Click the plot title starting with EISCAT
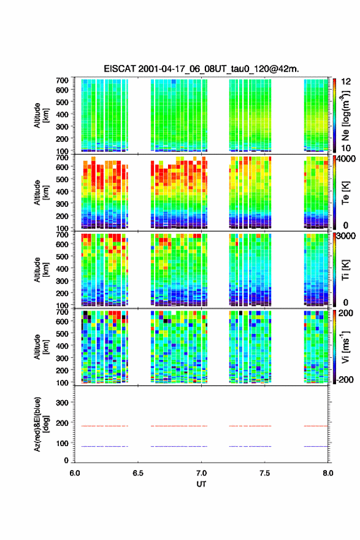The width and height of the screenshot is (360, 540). (201, 69)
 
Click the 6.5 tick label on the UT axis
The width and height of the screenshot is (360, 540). (137, 473)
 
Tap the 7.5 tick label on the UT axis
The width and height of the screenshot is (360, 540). (265, 473)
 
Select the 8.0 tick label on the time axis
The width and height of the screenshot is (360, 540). (328, 473)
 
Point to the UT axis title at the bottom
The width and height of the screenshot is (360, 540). (201, 484)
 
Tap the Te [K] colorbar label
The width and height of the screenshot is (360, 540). (345, 193)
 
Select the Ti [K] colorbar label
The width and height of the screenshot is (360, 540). (345, 270)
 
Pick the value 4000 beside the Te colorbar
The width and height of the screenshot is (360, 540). (347, 159)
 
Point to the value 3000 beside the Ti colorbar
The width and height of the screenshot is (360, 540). (347, 236)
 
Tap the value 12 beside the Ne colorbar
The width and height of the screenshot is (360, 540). (346, 82)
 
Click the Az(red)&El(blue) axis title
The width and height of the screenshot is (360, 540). (41, 424)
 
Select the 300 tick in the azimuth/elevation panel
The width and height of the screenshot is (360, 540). (62, 403)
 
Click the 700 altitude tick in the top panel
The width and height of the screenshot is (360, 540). (62, 80)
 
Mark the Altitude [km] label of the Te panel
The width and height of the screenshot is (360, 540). (41, 192)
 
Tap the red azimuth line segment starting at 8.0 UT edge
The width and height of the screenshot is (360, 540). (316, 426)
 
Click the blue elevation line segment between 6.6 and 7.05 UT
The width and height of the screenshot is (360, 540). (179, 446)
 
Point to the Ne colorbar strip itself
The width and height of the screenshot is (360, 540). (334, 115)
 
